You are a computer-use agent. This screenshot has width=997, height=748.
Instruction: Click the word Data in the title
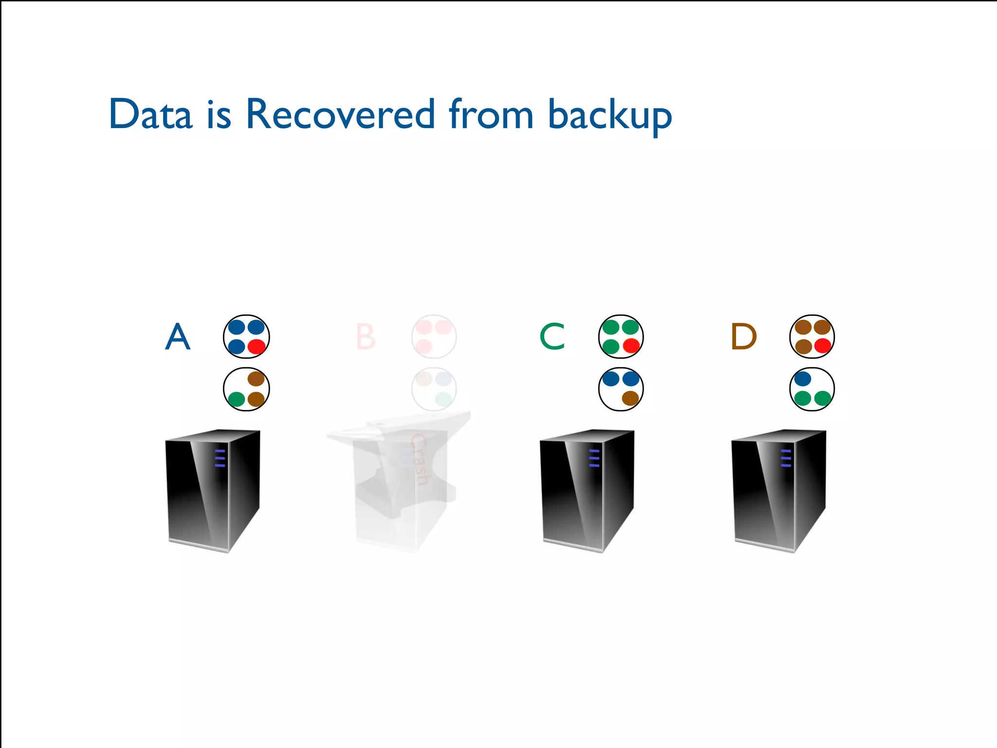click(150, 115)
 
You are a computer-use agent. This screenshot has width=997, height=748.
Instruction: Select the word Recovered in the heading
click(340, 115)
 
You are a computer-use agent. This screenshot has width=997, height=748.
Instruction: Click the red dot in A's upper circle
click(257, 347)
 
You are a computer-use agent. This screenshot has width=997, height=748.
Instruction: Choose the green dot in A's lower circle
click(237, 399)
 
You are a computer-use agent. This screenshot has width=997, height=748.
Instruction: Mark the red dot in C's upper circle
click(631, 346)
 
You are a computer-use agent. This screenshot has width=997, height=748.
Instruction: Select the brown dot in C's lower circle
click(630, 398)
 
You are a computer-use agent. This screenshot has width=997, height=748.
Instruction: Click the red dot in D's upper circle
click(822, 346)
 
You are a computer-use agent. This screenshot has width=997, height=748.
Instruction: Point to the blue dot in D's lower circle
click(802, 378)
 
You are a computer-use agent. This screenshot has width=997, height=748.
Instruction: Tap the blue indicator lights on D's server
click(786, 458)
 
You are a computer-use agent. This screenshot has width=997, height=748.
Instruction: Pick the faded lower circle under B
click(434, 389)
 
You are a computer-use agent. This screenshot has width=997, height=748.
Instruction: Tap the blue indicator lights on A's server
click(220, 458)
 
